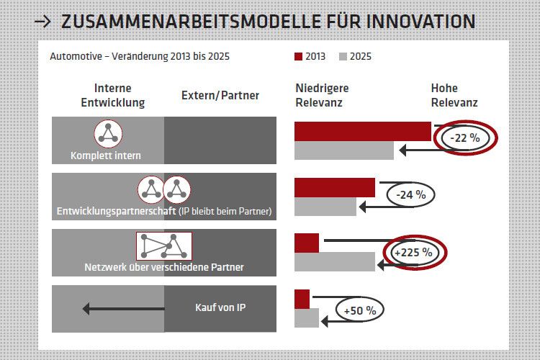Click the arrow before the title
[43, 22]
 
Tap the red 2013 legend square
[299, 56]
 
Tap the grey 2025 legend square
[343, 56]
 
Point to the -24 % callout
[411, 194]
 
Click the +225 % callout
[414, 252]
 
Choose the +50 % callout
[360, 310]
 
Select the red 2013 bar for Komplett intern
[362, 132]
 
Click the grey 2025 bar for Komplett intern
[343, 150]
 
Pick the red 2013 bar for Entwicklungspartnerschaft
[334, 187]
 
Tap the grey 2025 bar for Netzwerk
[334, 261]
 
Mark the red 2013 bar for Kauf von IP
[302, 298]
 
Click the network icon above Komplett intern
[108, 133]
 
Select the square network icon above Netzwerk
[164, 246]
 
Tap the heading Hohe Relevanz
[454, 95]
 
